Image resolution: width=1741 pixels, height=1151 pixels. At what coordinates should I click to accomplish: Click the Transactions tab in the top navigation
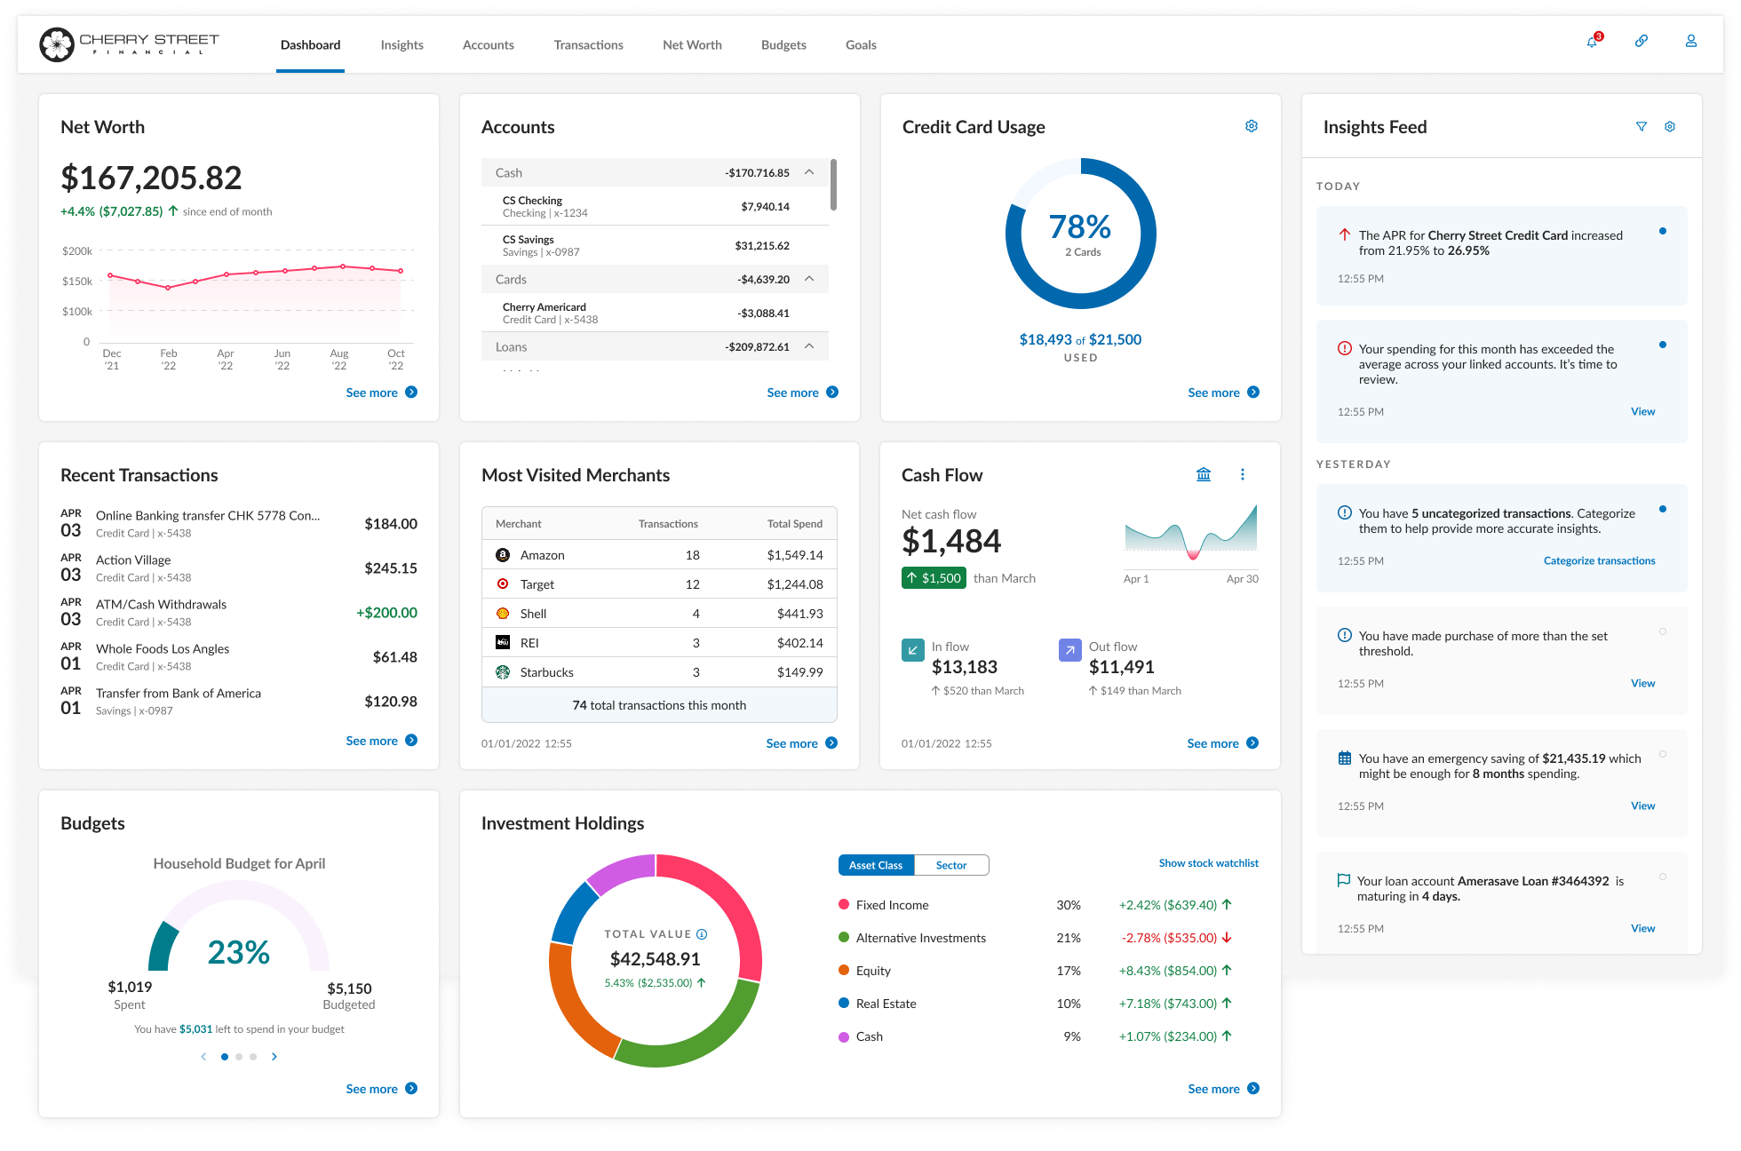click(x=588, y=45)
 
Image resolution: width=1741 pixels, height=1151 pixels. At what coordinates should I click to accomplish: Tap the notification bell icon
click(x=1592, y=42)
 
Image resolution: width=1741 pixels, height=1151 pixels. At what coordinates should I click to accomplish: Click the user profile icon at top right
click(x=1690, y=42)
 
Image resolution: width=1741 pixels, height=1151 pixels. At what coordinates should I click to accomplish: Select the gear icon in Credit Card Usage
click(x=1251, y=126)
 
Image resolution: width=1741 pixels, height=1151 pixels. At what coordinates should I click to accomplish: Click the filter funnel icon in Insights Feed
click(x=1641, y=127)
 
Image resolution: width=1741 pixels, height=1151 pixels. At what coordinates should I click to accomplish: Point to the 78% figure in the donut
click(x=1079, y=227)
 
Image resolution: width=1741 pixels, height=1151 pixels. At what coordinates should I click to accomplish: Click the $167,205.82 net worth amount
click(x=151, y=178)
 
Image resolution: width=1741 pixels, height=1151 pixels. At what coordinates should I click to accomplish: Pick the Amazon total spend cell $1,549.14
click(x=794, y=555)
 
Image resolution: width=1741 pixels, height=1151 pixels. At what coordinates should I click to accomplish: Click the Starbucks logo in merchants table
click(x=503, y=672)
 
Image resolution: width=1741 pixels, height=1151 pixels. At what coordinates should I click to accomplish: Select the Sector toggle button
click(x=950, y=865)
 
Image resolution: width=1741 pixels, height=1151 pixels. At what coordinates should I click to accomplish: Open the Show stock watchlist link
click(x=1208, y=863)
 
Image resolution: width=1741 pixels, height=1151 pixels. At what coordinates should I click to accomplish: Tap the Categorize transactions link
click(x=1599, y=560)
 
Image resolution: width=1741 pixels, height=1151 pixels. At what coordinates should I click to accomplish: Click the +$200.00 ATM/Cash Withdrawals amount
click(x=386, y=613)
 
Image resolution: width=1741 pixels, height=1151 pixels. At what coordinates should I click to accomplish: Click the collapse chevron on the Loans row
click(x=809, y=346)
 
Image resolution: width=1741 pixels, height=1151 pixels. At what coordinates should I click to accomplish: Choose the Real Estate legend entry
click(x=886, y=1004)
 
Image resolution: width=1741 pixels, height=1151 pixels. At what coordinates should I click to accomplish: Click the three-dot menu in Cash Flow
click(x=1242, y=475)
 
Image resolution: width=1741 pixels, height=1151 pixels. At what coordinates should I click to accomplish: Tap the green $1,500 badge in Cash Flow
click(x=934, y=578)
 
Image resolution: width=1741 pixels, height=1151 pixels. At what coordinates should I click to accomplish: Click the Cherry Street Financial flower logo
click(x=57, y=44)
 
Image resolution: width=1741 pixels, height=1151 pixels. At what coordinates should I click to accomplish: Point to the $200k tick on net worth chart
click(x=77, y=251)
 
